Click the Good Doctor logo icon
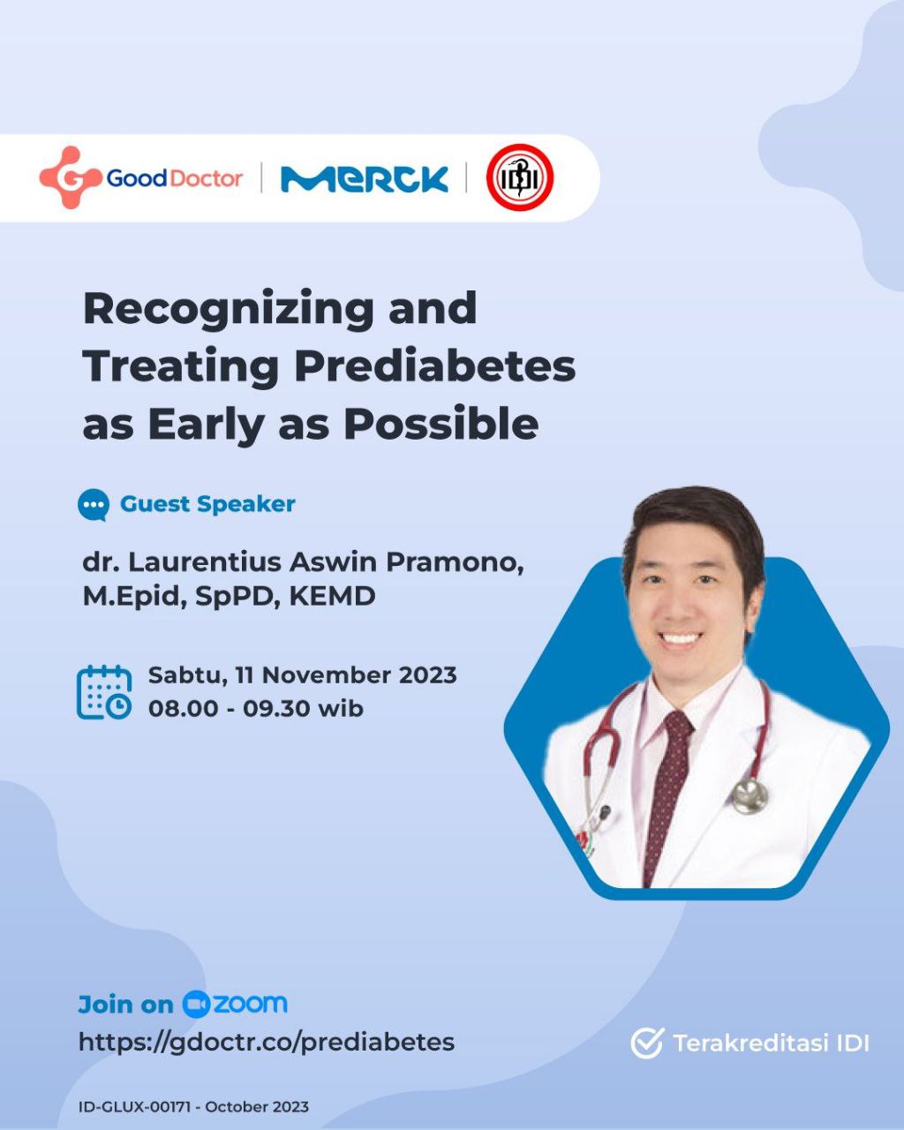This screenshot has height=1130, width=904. pos(70,177)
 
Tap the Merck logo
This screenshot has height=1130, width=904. pos(365,179)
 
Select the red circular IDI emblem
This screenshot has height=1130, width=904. pos(519,177)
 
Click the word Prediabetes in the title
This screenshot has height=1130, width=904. pos(435,366)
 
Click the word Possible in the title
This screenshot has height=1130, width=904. pos(441,425)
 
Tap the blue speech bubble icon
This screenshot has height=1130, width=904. pos(94,505)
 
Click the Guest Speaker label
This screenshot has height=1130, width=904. pos(207,504)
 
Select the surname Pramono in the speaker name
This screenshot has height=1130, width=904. pos(455,562)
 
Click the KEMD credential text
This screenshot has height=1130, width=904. pos(333,596)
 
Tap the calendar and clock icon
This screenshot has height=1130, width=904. pos(104,691)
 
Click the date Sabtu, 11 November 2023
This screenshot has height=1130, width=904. pos(302,675)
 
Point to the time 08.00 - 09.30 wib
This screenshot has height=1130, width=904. pos(256,709)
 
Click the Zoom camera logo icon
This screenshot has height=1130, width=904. pos(196,1005)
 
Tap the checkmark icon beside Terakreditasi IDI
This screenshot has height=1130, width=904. pos(647,1043)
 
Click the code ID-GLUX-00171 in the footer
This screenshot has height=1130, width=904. pos(133,1107)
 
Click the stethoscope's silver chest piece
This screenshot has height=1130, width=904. pos(750,796)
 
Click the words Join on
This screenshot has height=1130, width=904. pos(125,1005)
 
